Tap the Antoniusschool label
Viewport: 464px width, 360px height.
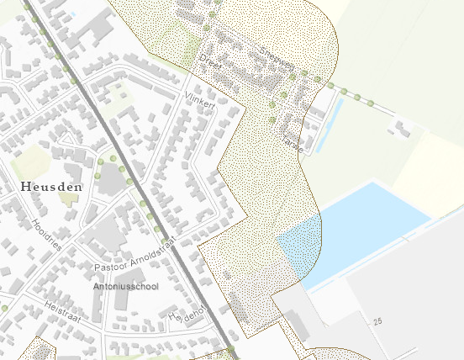click(x=125, y=286)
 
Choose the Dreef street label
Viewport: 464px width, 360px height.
click(x=210, y=61)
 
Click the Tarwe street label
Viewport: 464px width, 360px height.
click(x=291, y=139)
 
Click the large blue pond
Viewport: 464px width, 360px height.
click(x=361, y=231)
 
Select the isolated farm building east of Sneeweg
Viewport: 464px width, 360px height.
click(x=402, y=128)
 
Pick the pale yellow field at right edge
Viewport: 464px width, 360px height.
click(x=433, y=172)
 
